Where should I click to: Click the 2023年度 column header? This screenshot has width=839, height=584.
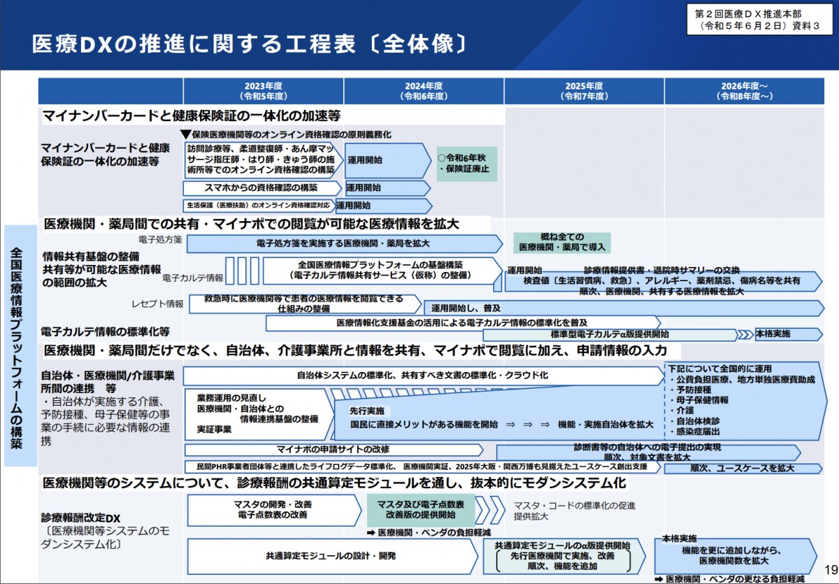point(263,91)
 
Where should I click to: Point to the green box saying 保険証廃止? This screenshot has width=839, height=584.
point(466,164)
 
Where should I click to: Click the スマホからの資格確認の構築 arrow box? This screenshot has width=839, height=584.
point(263,188)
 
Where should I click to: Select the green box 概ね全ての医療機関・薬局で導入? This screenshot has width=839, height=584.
point(562,243)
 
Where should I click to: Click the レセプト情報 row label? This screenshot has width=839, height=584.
point(157,304)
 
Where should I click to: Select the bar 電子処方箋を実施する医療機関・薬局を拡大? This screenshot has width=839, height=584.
point(343,244)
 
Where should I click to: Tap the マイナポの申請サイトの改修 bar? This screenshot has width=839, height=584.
point(333,449)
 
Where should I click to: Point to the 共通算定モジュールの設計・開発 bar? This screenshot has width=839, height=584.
point(331,557)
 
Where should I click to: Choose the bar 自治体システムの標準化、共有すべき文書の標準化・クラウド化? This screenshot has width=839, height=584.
point(422,376)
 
